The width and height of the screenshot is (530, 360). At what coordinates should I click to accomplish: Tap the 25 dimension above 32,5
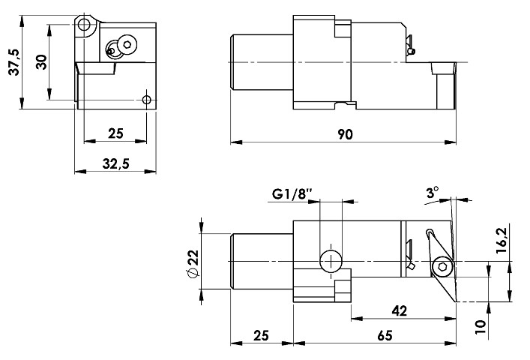click(x=115, y=134)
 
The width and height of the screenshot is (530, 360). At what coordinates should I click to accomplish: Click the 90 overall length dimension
click(x=344, y=134)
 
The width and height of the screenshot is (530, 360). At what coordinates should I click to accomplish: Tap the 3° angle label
click(x=431, y=193)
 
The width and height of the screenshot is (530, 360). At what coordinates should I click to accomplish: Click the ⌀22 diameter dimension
click(x=193, y=264)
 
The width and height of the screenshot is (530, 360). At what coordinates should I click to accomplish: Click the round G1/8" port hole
click(x=331, y=260)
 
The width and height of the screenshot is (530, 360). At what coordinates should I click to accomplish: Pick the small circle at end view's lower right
click(x=147, y=100)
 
